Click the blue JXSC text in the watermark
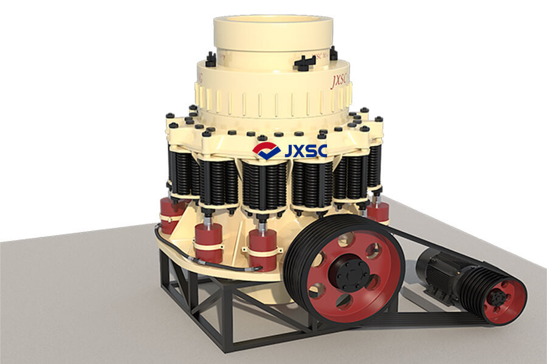[x=306, y=150]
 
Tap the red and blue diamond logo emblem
[x=266, y=150]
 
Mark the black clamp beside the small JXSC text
[x=304, y=62]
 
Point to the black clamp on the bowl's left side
[x=210, y=59]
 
